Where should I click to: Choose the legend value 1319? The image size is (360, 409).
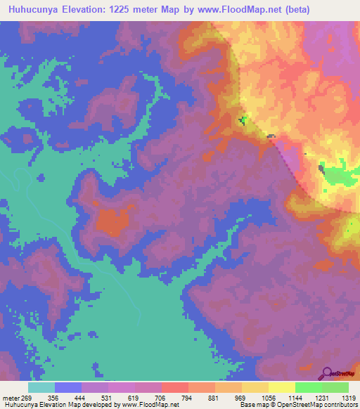tap(349, 398)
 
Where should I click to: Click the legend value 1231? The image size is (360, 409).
tap(322, 398)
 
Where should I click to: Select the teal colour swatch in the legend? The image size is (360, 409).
tap(41, 387)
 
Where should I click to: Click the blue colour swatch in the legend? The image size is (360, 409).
tap(67, 387)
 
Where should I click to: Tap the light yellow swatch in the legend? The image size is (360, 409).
tap(281, 387)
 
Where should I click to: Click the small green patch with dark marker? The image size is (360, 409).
tap(243, 120)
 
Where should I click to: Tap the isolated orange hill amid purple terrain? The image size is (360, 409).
tap(112, 222)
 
